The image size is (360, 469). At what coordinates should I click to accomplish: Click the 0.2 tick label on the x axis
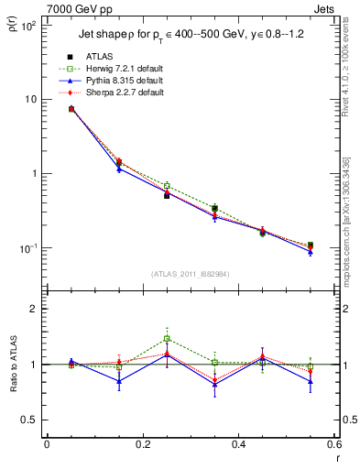(x=142, y=445)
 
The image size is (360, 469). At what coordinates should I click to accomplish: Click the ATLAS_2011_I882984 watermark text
(x=191, y=273)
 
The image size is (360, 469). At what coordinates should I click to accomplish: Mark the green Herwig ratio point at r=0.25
(x=167, y=339)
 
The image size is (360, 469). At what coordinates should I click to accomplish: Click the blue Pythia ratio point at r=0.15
(x=119, y=381)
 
